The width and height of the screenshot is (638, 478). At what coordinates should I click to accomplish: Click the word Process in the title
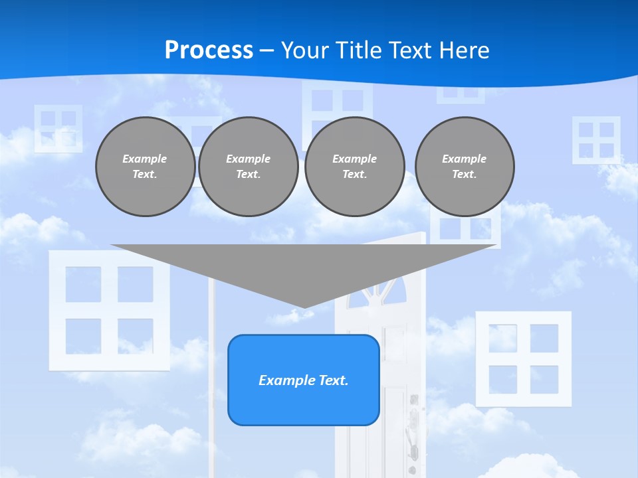coord(209,50)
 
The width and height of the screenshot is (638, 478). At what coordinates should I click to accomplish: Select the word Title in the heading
coord(363,50)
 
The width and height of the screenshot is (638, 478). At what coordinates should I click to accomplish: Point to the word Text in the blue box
coord(332,380)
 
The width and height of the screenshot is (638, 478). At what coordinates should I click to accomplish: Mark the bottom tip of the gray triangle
coord(304,307)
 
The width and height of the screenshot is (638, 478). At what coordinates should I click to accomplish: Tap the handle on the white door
coord(413,425)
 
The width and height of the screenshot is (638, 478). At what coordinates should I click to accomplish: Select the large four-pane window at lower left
coord(109,310)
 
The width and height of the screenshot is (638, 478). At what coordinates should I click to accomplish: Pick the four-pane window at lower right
coord(523,358)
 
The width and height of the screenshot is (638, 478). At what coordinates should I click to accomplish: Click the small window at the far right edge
coord(596,140)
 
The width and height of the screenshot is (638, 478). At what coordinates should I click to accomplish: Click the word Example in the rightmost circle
coord(464,159)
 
